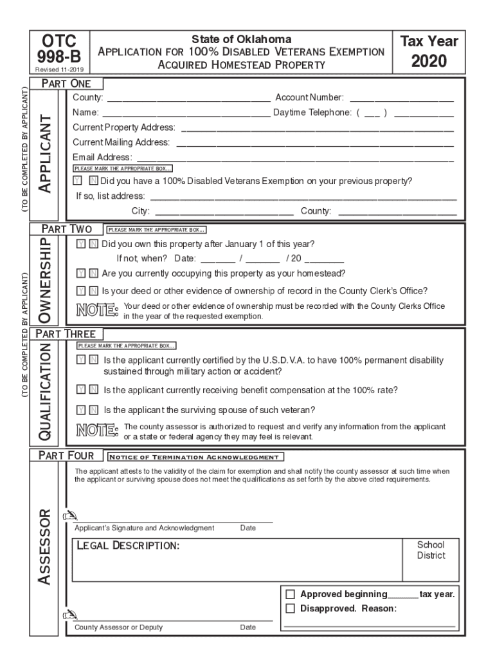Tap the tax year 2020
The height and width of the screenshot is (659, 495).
pyautogui.click(x=429, y=63)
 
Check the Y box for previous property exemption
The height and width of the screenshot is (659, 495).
pyautogui.click(x=78, y=181)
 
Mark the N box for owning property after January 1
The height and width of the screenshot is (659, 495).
pyautogui.click(x=93, y=244)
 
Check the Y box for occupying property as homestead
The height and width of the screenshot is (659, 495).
pyautogui.click(x=80, y=273)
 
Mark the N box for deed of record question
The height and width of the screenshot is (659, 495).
pyautogui.click(x=93, y=291)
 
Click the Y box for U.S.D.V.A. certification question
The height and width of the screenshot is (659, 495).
pyautogui.click(x=80, y=360)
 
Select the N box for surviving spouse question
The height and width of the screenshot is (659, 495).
pyautogui.click(x=93, y=409)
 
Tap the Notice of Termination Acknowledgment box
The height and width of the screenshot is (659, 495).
pyautogui.click(x=195, y=457)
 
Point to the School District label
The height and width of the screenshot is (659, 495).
pyautogui.click(x=430, y=550)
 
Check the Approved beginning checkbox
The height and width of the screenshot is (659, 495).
pyautogui.click(x=290, y=594)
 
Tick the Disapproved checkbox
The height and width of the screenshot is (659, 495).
pyautogui.click(x=290, y=608)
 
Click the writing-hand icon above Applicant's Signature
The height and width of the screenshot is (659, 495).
pyautogui.click(x=69, y=515)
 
